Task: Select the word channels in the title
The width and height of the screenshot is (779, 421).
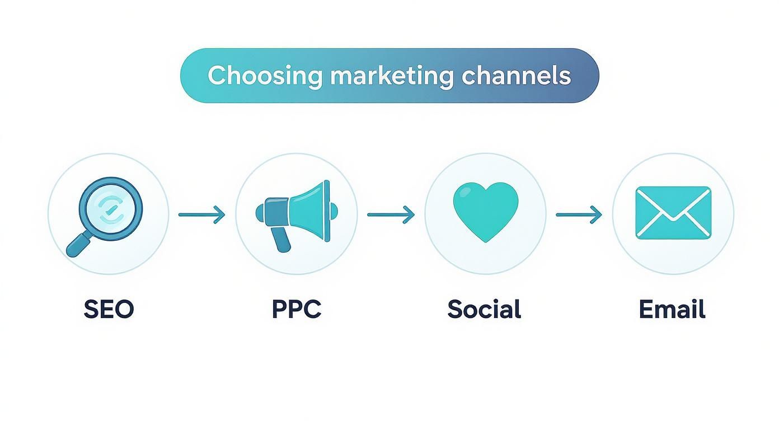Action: [x=516, y=76]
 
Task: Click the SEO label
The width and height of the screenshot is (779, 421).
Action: [x=109, y=309]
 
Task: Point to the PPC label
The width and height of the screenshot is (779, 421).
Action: [x=297, y=309]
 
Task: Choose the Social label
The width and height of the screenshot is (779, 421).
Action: [x=484, y=309]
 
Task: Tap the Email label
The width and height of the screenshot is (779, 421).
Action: [x=672, y=309]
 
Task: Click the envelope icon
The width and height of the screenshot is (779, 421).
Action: [x=673, y=213]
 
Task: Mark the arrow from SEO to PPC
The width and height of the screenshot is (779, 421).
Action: [x=201, y=214]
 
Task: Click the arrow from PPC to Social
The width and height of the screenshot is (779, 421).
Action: [x=391, y=214]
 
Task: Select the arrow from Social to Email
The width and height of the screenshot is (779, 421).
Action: [x=579, y=214]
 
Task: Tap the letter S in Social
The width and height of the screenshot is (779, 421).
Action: [x=456, y=309]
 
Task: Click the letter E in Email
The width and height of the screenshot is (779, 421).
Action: [x=646, y=309]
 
